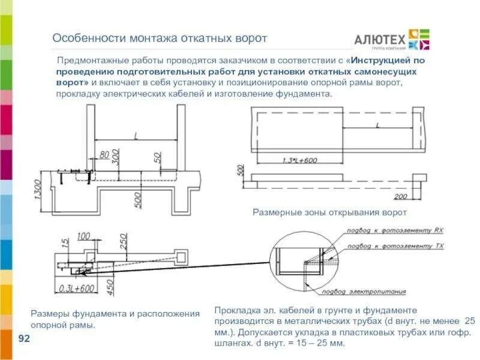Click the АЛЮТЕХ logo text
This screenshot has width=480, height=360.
coord(379,38)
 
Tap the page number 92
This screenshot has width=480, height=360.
coord(25,339)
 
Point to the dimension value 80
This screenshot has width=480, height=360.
coord(104,155)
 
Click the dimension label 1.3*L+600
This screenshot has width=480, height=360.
coord(299,160)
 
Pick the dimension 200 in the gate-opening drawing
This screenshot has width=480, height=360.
coord(401,196)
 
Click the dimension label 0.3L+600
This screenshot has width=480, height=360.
coord(76,288)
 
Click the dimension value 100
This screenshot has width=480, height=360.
coord(84,235)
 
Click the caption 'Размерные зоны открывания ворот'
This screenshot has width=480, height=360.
coord(329,212)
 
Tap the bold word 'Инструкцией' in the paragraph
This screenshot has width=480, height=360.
coord(382,61)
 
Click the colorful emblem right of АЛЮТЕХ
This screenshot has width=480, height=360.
coord(419,38)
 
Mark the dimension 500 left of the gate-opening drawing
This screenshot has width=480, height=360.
coord(241,170)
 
